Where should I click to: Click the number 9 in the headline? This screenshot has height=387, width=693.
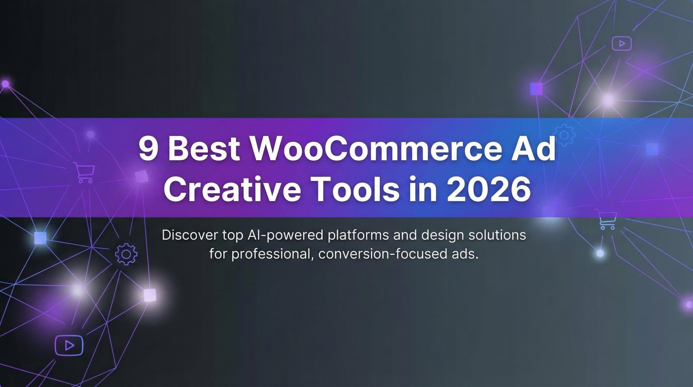(x=148, y=149)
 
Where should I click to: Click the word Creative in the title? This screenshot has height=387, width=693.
(x=232, y=190)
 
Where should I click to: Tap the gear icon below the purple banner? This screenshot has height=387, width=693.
(x=126, y=255)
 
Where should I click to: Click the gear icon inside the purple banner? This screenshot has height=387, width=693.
(x=564, y=135)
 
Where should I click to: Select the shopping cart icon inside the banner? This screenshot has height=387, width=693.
(x=84, y=173)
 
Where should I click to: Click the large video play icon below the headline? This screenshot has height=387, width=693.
(x=69, y=345)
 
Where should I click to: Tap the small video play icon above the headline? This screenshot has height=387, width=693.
(x=622, y=44)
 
